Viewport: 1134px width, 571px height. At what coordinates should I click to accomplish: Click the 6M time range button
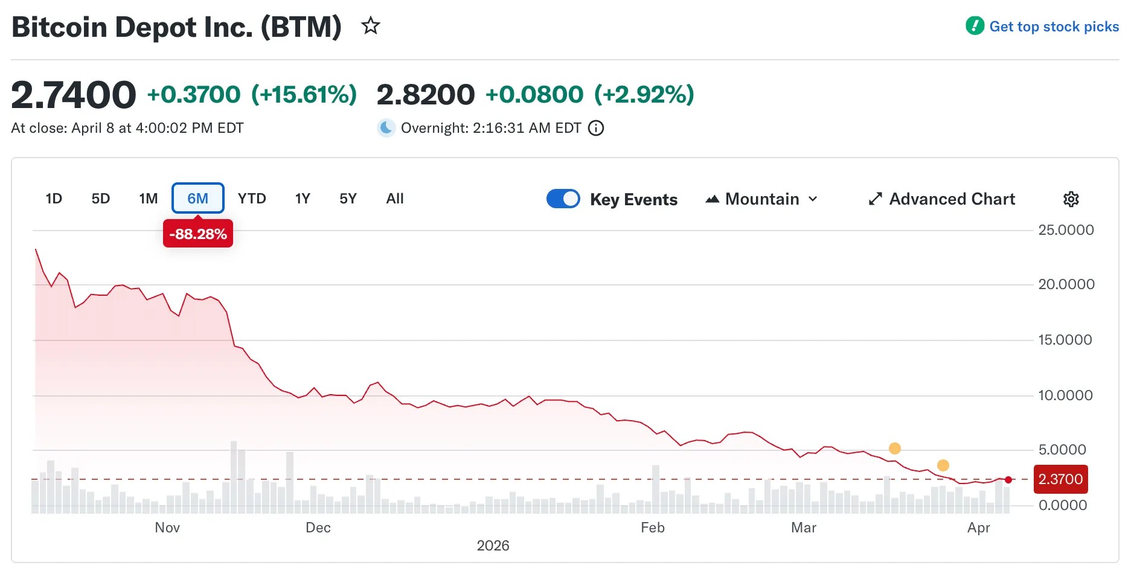click(x=197, y=199)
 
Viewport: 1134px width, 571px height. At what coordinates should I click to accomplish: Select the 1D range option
click(x=54, y=199)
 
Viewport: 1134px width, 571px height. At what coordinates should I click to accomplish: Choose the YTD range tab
click(x=252, y=199)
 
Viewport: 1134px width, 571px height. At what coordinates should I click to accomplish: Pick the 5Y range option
click(x=348, y=199)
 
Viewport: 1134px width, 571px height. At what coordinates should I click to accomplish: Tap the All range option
click(x=395, y=199)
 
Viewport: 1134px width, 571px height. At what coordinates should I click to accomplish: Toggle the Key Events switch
click(x=563, y=199)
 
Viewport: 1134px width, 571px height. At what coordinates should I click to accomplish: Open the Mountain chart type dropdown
click(x=761, y=199)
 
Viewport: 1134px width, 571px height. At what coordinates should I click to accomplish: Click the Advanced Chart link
click(x=941, y=199)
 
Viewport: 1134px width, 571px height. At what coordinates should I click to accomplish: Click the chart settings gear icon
click(x=1071, y=199)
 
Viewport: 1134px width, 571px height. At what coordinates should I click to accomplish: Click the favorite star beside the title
click(x=370, y=26)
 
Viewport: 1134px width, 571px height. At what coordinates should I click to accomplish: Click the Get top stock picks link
click(x=1054, y=27)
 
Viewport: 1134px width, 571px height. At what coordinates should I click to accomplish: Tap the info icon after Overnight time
click(x=596, y=128)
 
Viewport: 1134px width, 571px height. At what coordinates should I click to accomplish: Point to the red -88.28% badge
click(x=198, y=234)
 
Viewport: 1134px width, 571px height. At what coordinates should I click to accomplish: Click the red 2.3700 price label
click(x=1060, y=479)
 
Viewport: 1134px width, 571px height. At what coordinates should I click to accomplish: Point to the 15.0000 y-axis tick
click(x=1065, y=340)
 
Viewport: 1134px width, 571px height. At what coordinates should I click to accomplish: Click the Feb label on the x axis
click(x=652, y=528)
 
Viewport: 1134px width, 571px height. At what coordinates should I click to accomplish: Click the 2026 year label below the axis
click(x=493, y=546)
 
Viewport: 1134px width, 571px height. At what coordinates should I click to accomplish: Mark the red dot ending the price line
click(x=1008, y=480)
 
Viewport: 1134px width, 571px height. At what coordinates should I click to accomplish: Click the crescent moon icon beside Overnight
click(x=386, y=128)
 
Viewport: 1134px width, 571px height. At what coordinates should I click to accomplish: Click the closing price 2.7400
click(x=74, y=95)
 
